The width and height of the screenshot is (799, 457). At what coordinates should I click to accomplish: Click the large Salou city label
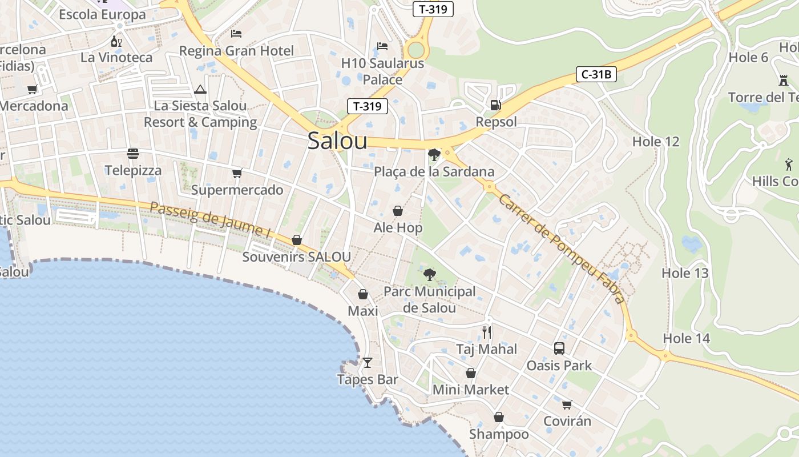point(337,141)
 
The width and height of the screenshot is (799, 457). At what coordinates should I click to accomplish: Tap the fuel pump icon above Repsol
point(496,105)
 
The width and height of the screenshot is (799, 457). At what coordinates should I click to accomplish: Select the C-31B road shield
point(596,74)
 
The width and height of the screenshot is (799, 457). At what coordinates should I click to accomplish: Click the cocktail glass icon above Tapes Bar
point(368,362)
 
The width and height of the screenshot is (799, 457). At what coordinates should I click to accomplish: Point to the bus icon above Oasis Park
point(559,348)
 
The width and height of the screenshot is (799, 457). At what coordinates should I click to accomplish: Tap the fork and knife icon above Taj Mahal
point(487,332)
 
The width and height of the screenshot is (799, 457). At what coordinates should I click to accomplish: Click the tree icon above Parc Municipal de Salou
point(429,275)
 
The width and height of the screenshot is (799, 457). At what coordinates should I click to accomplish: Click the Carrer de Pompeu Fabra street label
point(561,248)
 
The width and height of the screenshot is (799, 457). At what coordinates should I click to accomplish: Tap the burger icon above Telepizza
point(133,154)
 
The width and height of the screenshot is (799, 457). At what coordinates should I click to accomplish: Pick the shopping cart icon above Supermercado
point(237,173)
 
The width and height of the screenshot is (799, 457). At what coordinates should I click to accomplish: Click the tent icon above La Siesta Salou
point(200,89)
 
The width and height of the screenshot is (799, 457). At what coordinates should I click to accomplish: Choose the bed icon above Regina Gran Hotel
point(236,34)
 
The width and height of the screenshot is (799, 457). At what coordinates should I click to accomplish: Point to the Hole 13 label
point(685,273)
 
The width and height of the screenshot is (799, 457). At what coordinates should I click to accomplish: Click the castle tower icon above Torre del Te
point(783,81)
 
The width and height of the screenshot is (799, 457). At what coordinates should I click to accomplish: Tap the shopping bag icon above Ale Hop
point(398,211)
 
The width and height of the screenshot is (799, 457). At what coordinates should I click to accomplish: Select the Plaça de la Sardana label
point(434,172)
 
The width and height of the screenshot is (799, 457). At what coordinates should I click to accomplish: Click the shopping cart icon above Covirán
point(567,404)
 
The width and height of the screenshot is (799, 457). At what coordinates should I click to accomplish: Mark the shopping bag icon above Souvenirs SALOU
point(296,240)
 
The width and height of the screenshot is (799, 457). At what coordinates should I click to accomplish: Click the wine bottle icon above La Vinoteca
point(116,41)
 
